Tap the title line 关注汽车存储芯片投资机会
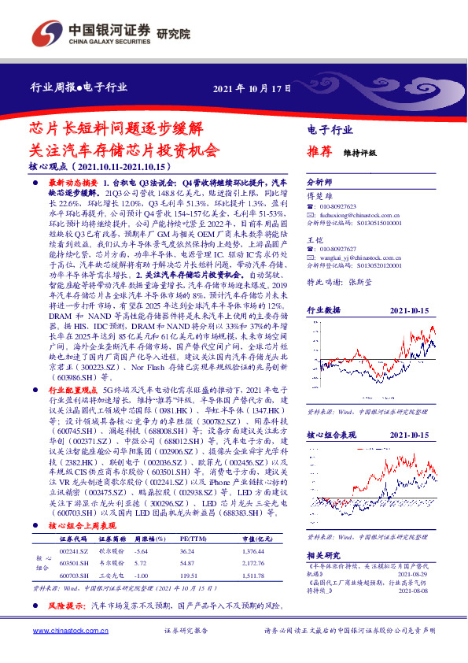coord(125,149)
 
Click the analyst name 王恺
coord(315,239)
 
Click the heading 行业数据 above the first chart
coord(323,310)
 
